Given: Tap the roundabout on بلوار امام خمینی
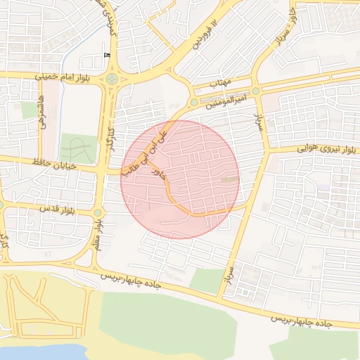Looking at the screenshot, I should pyautogui.click(x=112, y=78).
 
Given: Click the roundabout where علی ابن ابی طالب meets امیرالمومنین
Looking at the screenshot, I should pyautogui.click(x=194, y=103).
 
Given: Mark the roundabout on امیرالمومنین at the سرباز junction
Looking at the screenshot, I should pyautogui.click(x=256, y=91).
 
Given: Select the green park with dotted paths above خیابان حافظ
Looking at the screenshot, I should pyautogui.click(x=77, y=148).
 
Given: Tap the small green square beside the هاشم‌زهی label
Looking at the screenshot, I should pyautogui.click(x=30, y=110).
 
